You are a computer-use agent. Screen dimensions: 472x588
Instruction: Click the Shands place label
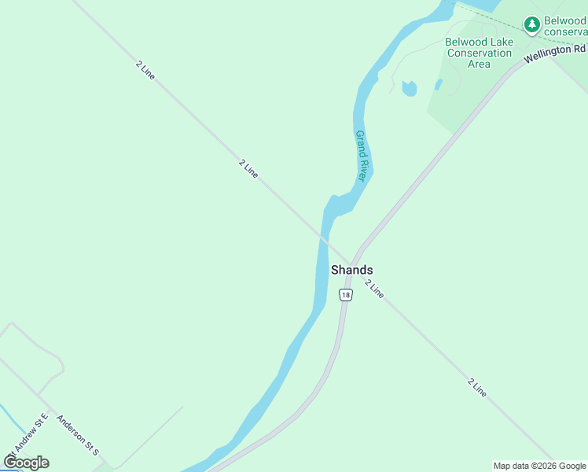[x=351, y=270]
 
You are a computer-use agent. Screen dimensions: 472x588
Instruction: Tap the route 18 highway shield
[x=346, y=294]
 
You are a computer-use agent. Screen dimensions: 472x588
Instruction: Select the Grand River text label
[x=362, y=156]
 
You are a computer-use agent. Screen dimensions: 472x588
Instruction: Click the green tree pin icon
[x=532, y=26]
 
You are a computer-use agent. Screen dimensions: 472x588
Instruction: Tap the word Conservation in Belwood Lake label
[x=479, y=53]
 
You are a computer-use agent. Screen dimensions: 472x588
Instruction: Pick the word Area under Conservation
[x=479, y=64]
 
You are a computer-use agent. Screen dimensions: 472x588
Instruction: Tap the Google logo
[x=26, y=462]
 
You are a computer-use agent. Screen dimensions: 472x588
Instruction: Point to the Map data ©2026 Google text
[x=539, y=466]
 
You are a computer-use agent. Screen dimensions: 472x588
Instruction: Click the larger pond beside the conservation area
[x=409, y=88]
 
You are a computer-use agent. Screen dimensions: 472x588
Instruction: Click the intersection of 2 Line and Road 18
[x=355, y=262]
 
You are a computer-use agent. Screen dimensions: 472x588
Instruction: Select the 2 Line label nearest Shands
[x=375, y=289]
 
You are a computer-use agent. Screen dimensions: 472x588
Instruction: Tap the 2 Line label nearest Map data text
[x=477, y=388]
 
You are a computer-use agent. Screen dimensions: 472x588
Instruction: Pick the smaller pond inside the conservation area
[x=438, y=84]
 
